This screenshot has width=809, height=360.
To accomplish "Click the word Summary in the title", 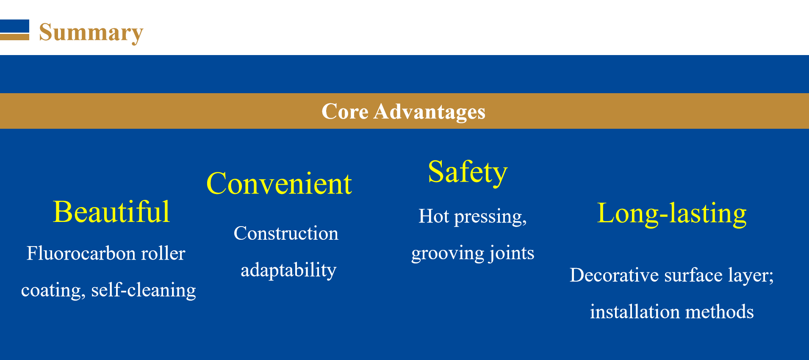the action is [x=91, y=33].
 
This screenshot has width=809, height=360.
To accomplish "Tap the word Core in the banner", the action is [x=345, y=111].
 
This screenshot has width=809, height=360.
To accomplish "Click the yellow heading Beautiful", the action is [x=111, y=212].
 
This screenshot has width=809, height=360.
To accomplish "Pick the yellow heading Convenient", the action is [x=279, y=184].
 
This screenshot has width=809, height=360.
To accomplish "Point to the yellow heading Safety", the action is [x=468, y=172].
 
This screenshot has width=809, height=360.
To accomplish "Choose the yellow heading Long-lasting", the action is [x=672, y=213].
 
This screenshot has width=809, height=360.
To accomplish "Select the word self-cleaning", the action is [x=144, y=290].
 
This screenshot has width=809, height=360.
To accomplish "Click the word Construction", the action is [x=286, y=233].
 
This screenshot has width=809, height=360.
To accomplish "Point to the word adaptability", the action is [x=288, y=270].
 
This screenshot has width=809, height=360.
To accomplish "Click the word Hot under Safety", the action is [x=434, y=216].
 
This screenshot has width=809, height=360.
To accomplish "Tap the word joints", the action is [x=512, y=253].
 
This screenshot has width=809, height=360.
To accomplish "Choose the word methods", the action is [x=720, y=312].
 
